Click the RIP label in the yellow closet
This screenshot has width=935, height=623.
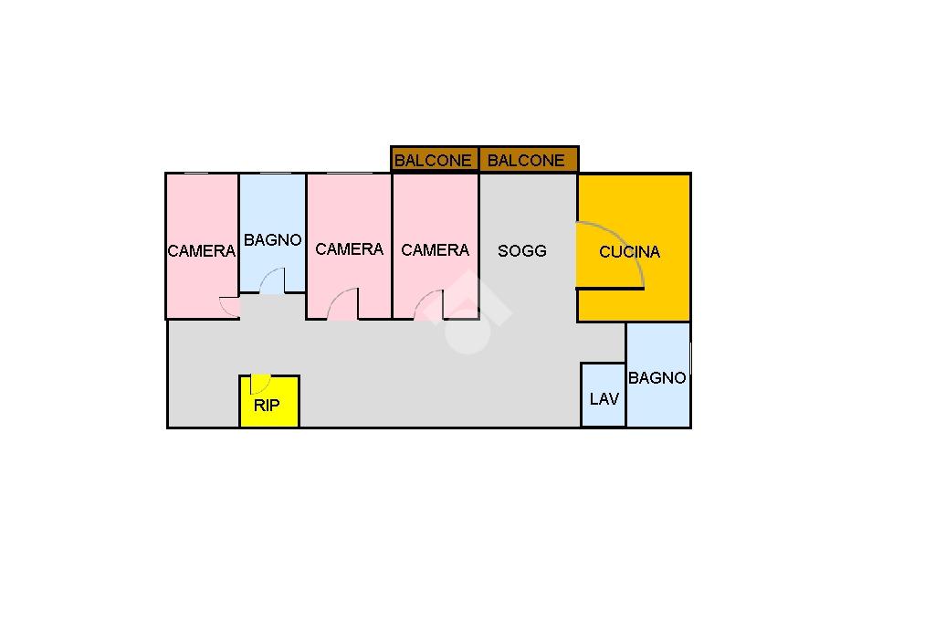(267, 406)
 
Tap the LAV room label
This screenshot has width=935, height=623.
(604, 398)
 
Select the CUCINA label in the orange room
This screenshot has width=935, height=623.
(630, 252)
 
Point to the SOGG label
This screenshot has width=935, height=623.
(521, 250)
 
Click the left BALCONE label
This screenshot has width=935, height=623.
(433, 161)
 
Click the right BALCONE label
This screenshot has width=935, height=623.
(526, 161)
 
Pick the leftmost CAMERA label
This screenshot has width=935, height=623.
(202, 251)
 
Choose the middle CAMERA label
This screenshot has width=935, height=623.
(350, 248)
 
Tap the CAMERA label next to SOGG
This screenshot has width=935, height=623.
(436, 249)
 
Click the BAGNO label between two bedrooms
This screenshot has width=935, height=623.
(272, 240)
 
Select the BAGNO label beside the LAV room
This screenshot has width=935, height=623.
(657, 378)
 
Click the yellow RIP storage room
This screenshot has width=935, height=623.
(269, 401)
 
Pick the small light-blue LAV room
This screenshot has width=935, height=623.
(604, 395)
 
